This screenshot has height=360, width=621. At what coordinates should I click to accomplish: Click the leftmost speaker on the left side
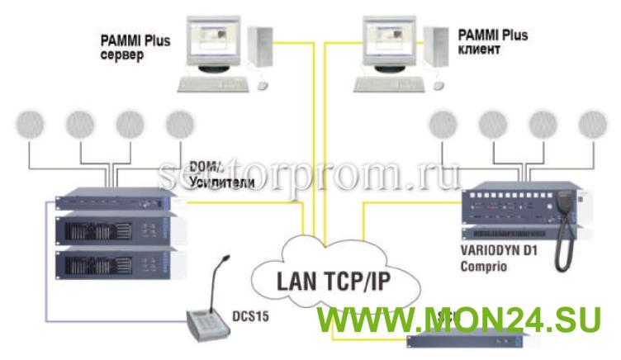[31, 126]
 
